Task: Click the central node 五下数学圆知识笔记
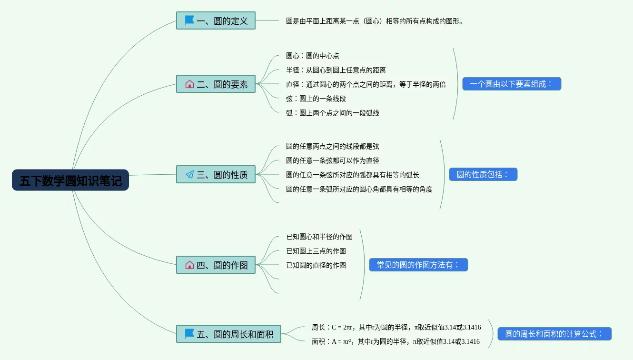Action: tap(70, 180)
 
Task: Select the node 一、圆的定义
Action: tap(216, 21)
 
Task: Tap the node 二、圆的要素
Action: tap(216, 84)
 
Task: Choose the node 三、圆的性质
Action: tap(216, 175)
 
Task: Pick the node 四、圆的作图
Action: tap(216, 265)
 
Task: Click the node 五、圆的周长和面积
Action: tap(228, 334)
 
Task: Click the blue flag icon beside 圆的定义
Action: tap(189, 20)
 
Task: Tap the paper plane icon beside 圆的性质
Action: tap(189, 175)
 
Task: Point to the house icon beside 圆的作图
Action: tap(189, 265)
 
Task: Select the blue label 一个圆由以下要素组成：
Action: tap(512, 84)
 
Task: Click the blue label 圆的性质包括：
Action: tap(483, 174)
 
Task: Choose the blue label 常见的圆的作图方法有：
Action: tap(418, 265)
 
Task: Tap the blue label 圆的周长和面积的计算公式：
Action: tap(554, 334)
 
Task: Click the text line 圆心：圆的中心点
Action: tap(313, 56)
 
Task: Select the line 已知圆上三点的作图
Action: tap(316, 251)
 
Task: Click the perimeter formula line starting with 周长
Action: tap(396, 327)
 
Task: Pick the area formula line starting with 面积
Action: tap(396, 341)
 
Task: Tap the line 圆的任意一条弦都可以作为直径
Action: tap(333, 160)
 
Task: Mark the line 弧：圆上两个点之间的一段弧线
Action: tap(333, 113)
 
